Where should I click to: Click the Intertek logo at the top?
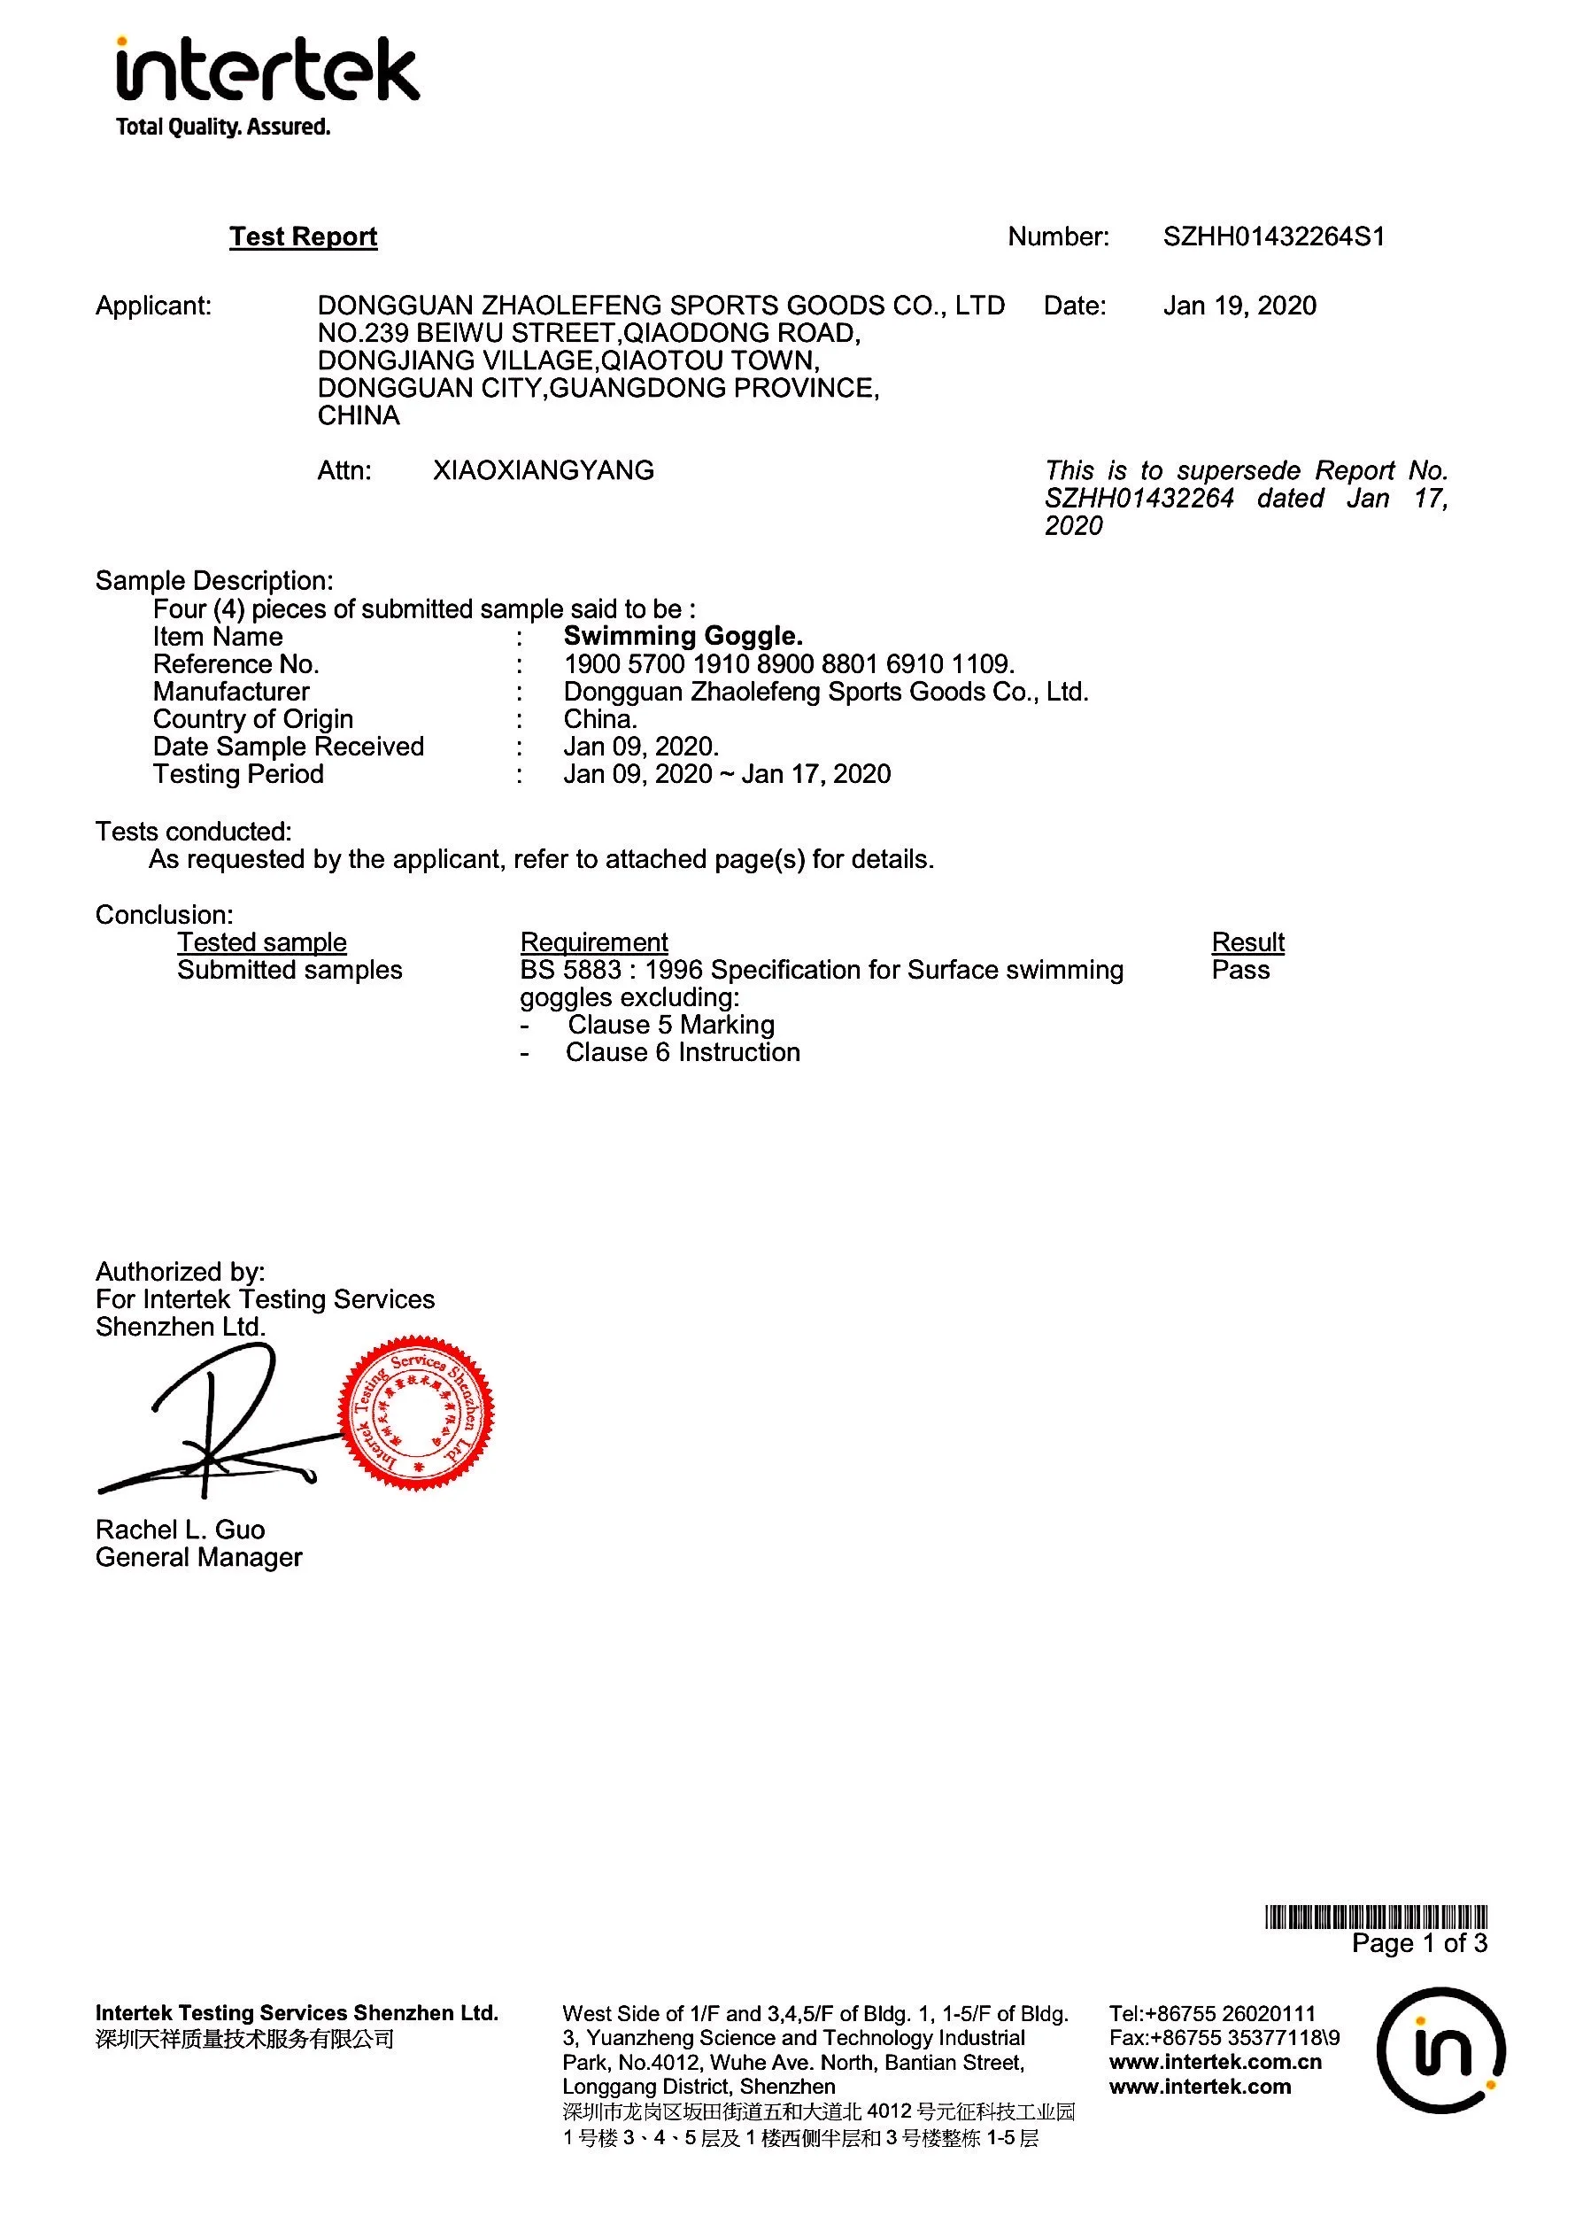click(x=267, y=86)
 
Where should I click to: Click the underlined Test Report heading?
click(x=303, y=237)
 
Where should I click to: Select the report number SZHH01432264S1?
click(x=1273, y=237)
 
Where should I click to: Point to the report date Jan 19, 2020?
click(x=1239, y=306)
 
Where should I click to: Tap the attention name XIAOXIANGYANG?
click(x=543, y=471)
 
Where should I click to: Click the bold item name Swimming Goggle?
click(x=683, y=637)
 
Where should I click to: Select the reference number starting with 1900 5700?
click(x=789, y=664)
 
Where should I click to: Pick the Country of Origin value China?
click(x=599, y=720)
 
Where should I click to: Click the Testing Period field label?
click(x=238, y=774)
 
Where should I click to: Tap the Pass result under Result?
click(x=1239, y=971)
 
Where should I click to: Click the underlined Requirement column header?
click(x=593, y=943)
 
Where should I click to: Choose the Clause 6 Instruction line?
click(x=683, y=1052)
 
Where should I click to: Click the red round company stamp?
click(x=416, y=1412)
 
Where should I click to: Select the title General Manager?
click(x=199, y=1557)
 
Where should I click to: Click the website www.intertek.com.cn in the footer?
click(x=1215, y=2063)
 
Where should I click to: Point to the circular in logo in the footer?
click(x=1440, y=2049)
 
